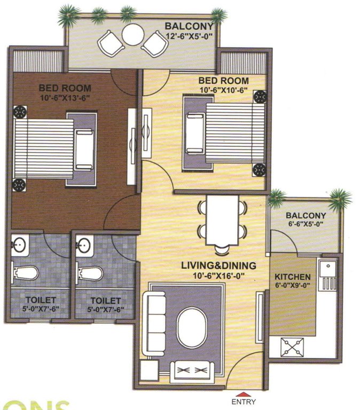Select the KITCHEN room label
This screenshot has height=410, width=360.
tap(292, 277)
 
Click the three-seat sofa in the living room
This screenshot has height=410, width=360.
tap(156, 322)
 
